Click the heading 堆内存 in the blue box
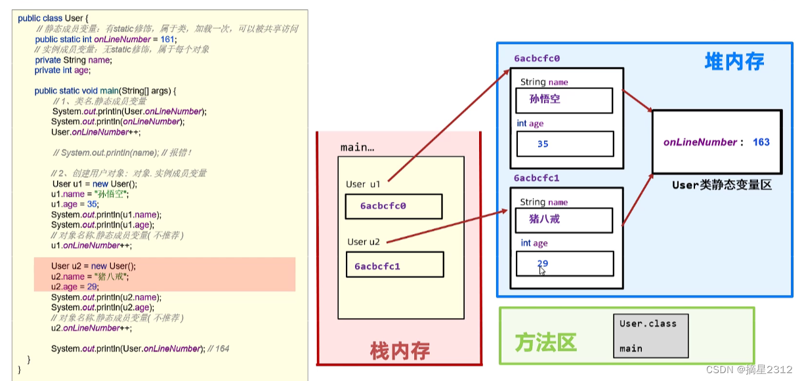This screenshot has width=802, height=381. [x=734, y=62]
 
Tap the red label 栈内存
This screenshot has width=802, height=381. [x=400, y=351]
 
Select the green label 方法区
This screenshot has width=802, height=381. [x=545, y=342]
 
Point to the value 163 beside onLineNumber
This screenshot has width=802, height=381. [x=761, y=142]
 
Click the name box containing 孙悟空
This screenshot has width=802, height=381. [x=564, y=100]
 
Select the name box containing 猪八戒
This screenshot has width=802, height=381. [x=564, y=219]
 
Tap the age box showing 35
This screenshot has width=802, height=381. [x=565, y=144]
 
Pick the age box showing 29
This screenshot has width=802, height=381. [x=565, y=264]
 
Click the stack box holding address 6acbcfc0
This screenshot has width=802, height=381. [x=394, y=206]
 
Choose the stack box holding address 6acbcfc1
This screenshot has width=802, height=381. [x=394, y=265]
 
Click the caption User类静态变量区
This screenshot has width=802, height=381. [x=722, y=186]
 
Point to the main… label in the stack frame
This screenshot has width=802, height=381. [x=358, y=148]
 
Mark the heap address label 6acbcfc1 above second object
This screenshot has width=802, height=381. [x=537, y=178]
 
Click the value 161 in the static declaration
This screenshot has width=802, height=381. [x=167, y=39]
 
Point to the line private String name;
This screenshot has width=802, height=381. [x=73, y=60]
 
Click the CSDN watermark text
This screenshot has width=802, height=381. [x=749, y=369]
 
